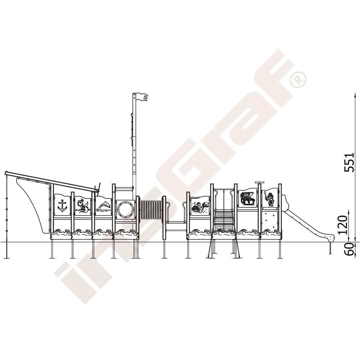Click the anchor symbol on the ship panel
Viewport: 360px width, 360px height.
[x=62, y=206]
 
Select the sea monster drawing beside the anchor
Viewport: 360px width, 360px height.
[x=83, y=206]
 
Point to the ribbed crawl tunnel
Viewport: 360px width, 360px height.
[x=151, y=210]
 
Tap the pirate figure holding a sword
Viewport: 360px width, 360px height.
[x=270, y=199]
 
